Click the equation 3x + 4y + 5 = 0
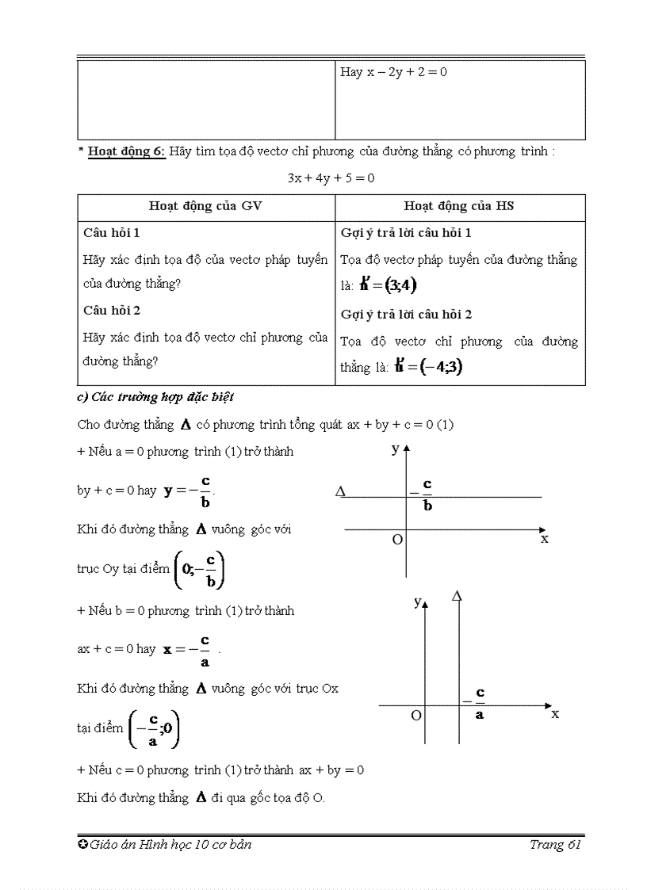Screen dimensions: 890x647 point(331,178)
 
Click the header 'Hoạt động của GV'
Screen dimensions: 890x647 point(205,206)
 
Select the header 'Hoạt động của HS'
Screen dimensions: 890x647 point(459,206)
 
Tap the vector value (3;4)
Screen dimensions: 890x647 point(389,285)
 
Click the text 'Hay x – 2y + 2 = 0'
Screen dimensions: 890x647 point(394,72)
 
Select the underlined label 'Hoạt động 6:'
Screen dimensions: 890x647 point(127,151)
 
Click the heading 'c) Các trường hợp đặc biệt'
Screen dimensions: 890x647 point(155,397)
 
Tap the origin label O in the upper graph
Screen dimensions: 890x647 point(397,540)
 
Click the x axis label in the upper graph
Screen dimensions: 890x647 point(544,539)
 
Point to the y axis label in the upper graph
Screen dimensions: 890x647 point(395,449)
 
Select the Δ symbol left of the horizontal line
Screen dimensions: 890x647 point(341,492)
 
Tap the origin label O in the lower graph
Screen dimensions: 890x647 point(415,715)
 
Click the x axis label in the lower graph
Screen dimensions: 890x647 point(555,713)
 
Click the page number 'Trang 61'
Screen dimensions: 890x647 point(556,845)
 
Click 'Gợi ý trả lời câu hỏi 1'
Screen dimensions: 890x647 point(406,233)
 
